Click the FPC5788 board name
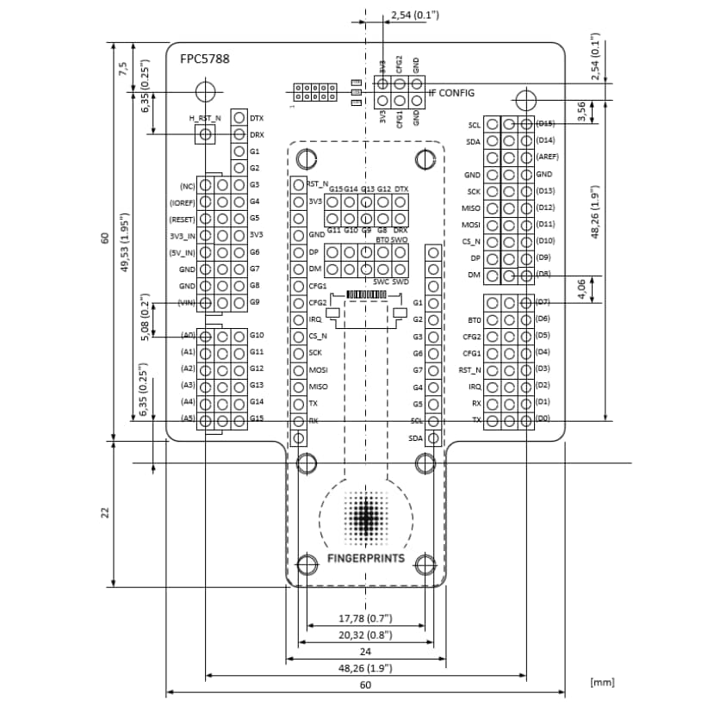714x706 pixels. [204, 59]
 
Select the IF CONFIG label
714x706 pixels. [451, 92]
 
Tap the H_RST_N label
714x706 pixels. [205, 118]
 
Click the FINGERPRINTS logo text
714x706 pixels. [367, 558]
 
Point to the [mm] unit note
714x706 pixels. [603, 682]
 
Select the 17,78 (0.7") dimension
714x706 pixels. [364, 618]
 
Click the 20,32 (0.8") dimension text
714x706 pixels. [364, 635]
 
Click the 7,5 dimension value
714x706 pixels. [124, 68]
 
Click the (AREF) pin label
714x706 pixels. [547, 157]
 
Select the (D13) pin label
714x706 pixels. [544, 190]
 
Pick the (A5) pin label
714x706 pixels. [188, 418]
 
